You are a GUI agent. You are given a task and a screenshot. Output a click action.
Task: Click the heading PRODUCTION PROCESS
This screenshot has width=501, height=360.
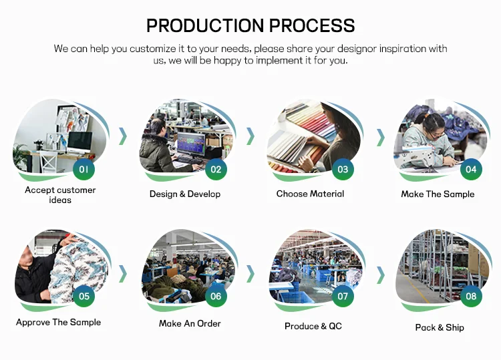click(x=251, y=25)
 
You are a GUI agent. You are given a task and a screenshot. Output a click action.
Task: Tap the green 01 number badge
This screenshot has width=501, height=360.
click(x=83, y=169)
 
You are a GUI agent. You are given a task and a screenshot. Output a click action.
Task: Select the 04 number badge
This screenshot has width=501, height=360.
click(x=471, y=169)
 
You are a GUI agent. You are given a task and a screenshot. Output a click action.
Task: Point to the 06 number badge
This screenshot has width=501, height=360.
click(x=216, y=296)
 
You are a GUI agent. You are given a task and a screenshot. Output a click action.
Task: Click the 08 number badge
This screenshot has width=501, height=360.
click(x=471, y=296)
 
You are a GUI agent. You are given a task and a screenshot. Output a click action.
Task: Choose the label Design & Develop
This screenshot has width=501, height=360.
click(x=185, y=194)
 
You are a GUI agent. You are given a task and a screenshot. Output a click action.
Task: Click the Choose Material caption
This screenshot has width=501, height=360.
click(x=310, y=194)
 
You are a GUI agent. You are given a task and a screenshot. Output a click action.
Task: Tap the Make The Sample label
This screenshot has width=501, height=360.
click(x=438, y=194)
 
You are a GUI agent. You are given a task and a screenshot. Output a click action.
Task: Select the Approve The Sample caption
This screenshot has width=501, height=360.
click(x=59, y=323)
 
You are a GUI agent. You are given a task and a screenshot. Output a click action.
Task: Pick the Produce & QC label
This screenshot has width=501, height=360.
click(x=313, y=326)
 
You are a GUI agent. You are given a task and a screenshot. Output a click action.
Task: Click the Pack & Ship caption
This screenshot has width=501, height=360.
click(x=440, y=327)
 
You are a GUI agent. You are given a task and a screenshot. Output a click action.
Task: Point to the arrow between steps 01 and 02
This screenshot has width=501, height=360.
click(x=123, y=136)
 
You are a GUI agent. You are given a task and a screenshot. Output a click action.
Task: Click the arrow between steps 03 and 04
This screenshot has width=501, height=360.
click(x=381, y=138)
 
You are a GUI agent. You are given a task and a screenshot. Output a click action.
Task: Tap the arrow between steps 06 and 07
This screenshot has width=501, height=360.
click(x=251, y=274)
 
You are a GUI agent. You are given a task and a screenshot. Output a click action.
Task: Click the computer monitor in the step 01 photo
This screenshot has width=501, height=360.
click(x=79, y=142)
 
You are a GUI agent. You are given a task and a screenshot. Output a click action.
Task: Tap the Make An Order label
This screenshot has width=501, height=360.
click(x=190, y=323)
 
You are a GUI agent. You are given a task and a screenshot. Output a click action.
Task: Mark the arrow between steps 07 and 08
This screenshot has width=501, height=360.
click(x=381, y=275)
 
